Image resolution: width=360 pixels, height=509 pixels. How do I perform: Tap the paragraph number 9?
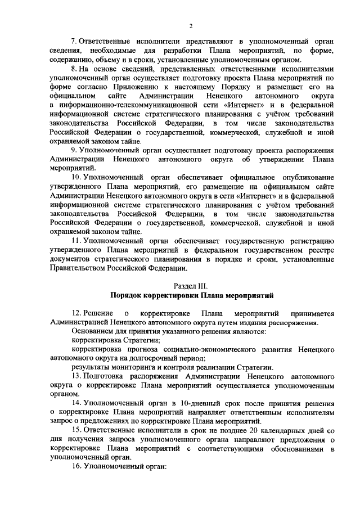tap(74, 151)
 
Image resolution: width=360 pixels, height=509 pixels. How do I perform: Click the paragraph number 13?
tap(75, 376)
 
